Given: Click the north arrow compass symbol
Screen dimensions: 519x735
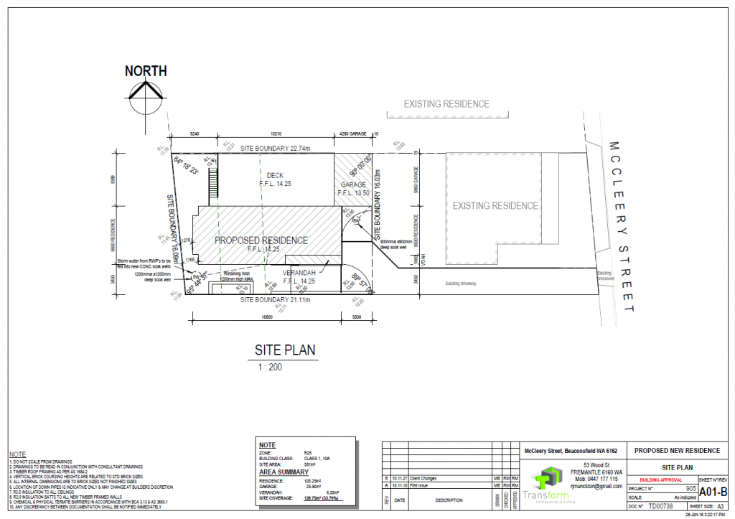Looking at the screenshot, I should coord(146,93).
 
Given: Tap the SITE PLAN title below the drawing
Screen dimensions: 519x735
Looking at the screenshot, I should coord(285,350).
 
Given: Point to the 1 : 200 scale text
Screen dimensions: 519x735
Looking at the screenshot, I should coord(271,367).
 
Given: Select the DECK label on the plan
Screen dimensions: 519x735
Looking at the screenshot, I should coord(275,175).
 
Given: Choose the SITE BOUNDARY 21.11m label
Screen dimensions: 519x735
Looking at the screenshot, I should coord(271,299).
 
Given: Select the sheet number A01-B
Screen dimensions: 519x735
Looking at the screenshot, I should coord(713,492).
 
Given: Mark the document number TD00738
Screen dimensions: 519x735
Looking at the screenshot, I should coord(661,506).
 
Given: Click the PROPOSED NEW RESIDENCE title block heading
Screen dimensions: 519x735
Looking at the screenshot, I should coord(675,451).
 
